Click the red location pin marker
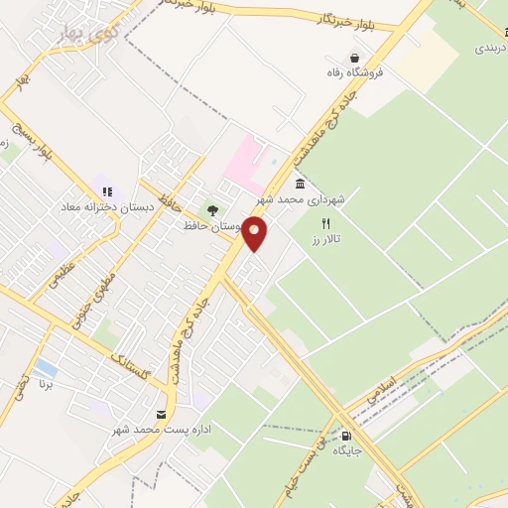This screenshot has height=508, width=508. tap(255, 233)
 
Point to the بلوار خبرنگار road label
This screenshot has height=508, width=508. tap(346, 20)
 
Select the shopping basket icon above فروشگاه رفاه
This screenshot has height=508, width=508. tap(354, 57)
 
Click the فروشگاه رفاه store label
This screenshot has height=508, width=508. tap(356, 72)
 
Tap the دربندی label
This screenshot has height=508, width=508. tap(490, 47)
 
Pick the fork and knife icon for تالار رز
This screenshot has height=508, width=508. tap(325, 224)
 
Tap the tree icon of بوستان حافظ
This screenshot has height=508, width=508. tap(210, 209)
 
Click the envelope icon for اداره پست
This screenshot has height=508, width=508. tap(161, 415)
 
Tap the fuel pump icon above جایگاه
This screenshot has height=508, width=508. tap(345, 436)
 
